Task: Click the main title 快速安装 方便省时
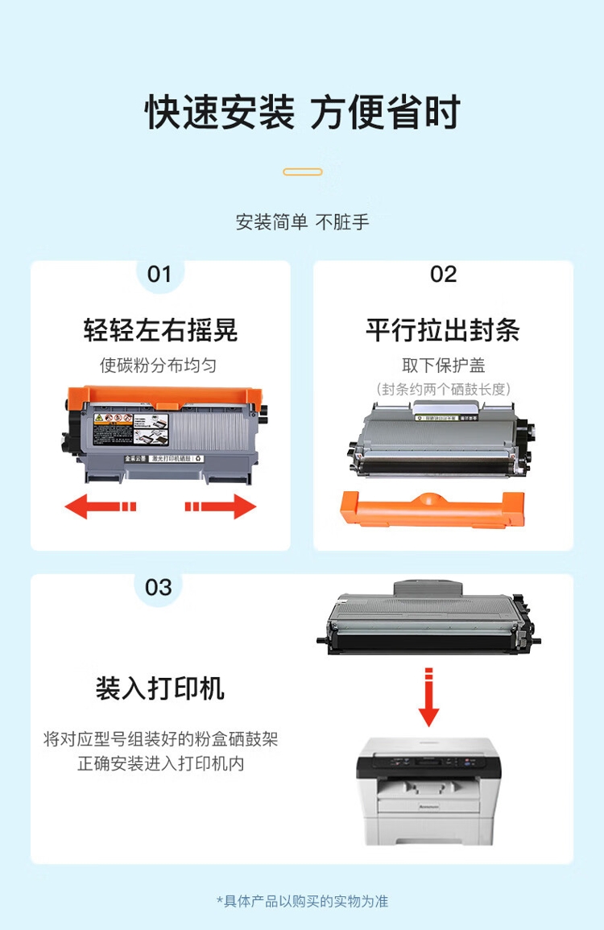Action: click(302, 113)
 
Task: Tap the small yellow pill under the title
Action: click(303, 172)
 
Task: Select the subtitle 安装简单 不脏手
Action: click(302, 222)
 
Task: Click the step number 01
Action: click(159, 275)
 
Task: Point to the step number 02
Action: click(443, 275)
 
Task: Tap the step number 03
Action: click(159, 587)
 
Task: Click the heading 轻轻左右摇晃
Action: click(160, 330)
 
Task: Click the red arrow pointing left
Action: click(100, 506)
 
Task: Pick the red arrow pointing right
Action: click(221, 506)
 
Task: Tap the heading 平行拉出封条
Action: click(443, 330)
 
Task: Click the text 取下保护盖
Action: click(444, 366)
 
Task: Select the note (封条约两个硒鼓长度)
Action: click(444, 390)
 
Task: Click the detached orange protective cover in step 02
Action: click(433, 510)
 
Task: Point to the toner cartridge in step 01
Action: click(164, 435)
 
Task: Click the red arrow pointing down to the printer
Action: click(429, 697)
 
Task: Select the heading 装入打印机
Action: click(160, 688)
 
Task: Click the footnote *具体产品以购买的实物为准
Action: click(302, 901)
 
